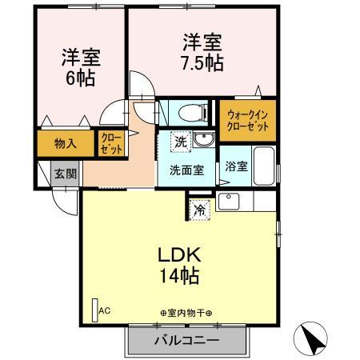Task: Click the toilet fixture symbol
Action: [x=193, y=113]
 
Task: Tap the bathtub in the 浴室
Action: [x=264, y=166]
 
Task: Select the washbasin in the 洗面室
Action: [x=204, y=139]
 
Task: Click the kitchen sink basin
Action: [x=229, y=202]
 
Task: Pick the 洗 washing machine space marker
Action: [x=181, y=142]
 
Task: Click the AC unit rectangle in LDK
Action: [x=95, y=310]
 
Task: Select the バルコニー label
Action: [x=187, y=340]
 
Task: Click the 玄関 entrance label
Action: [x=66, y=174]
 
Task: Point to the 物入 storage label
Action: [x=66, y=144]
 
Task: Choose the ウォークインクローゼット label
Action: [x=247, y=121]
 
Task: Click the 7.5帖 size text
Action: [x=202, y=63]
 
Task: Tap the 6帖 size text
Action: [x=80, y=78]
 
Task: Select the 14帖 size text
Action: [x=179, y=275]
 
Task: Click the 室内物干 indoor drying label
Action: [x=186, y=313]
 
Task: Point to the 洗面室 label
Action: [x=186, y=170]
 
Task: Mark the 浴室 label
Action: [x=237, y=166]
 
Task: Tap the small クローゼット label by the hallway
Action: [x=111, y=143]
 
